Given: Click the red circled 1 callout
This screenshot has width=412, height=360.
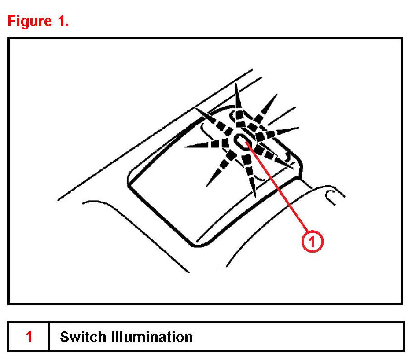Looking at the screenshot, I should click(312, 241).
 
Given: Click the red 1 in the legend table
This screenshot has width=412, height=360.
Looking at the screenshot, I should click(29, 337).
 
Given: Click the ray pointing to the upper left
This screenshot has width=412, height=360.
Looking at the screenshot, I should click(211, 119).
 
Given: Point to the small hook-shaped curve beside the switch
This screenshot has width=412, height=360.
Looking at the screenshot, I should click(329, 196).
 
